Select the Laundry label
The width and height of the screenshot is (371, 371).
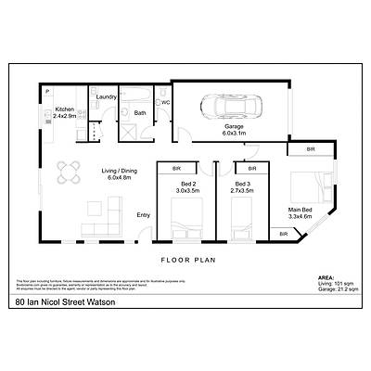point(106,96)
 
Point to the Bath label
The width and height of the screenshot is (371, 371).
point(140,113)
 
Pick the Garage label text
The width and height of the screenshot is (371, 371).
point(233,129)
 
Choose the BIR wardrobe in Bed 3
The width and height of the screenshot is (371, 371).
point(246,170)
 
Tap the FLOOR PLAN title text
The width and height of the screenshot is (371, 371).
point(188,260)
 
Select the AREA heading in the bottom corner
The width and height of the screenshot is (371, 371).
point(326,276)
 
